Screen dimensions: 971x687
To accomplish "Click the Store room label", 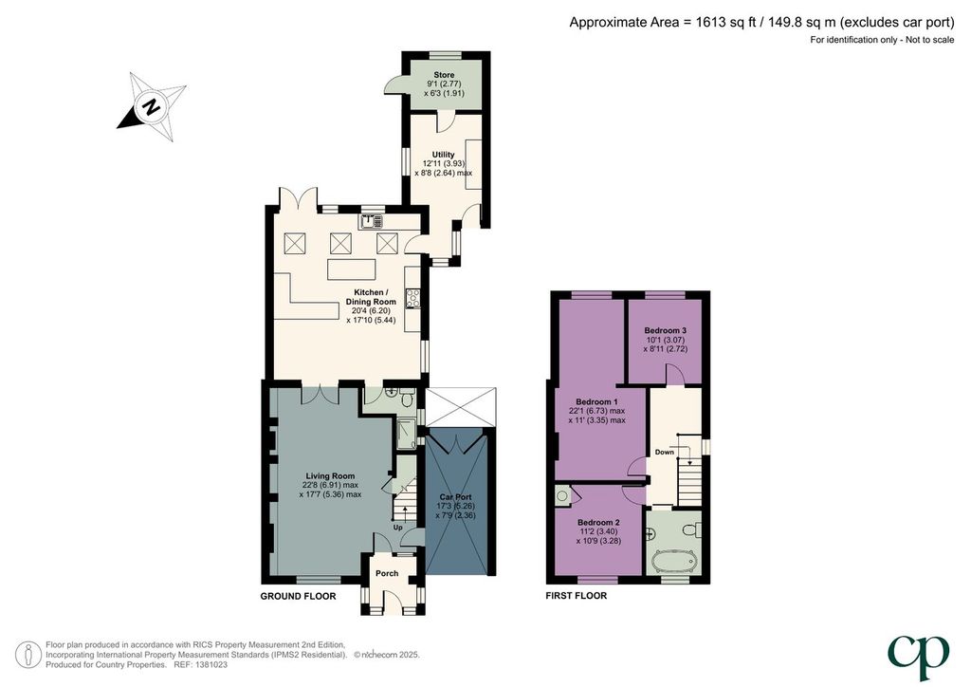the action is (x=444, y=75).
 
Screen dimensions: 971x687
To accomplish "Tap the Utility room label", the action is (x=444, y=155).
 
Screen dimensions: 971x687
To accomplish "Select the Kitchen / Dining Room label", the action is (x=371, y=297).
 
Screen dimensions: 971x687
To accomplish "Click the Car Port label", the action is (x=455, y=497).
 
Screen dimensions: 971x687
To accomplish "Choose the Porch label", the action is (x=387, y=574).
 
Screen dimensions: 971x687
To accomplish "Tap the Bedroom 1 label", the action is (x=597, y=402).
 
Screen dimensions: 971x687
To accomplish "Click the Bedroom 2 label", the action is (x=599, y=523).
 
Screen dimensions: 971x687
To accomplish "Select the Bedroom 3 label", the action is (x=665, y=331).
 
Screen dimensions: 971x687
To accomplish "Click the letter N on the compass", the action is (x=151, y=106).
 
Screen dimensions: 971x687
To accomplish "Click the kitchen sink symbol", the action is (x=372, y=222).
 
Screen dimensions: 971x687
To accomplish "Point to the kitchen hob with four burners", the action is (x=412, y=299).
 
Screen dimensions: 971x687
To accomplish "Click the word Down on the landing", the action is (x=665, y=453).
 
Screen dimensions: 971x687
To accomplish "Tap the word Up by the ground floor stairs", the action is (x=397, y=528).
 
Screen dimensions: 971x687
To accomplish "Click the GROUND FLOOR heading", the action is (x=298, y=597).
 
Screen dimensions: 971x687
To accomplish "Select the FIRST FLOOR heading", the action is (x=576, y=596).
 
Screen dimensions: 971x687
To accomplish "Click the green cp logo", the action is (x=918, y=658).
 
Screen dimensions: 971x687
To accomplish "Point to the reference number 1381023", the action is (x=211, y=664).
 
